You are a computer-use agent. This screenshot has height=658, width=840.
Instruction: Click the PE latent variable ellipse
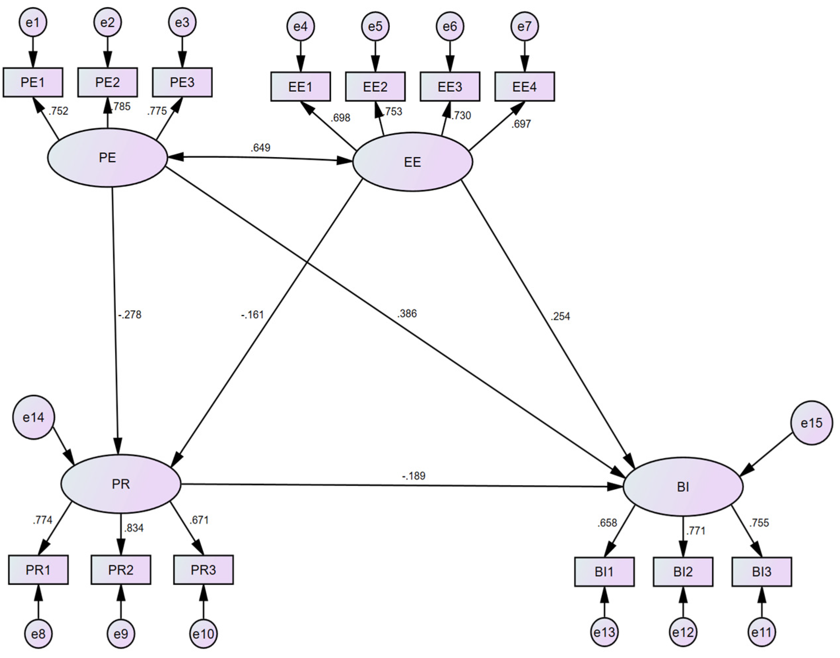[x=108, y=157]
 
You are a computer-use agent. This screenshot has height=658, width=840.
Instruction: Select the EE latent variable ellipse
[x=412, y=162]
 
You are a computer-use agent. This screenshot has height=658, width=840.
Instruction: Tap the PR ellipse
[x=120, y=484]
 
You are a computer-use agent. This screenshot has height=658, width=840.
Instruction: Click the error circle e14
[x=34, y=417]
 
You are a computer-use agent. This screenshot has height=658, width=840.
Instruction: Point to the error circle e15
[x=812, y=423]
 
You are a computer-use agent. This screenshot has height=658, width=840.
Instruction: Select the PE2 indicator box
[x=108, y=82]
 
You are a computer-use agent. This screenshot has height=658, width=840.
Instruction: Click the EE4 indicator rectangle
[x=524, y=87]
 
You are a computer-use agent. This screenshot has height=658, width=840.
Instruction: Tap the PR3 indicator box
[x=203, y=570]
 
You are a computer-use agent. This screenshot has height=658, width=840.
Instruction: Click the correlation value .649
[x=260, y=148]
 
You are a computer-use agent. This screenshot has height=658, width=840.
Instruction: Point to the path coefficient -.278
[x=130, y=315]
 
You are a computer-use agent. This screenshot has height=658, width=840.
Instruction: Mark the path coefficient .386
[x=407, y=313]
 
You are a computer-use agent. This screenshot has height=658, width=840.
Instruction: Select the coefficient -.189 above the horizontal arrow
[x=414, y=476]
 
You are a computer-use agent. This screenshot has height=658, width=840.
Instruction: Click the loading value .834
[x=134, y=528]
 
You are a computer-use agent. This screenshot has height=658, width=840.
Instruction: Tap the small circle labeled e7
[x=524, y=26]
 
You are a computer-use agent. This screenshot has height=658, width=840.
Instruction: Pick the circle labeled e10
[x=203, y=634]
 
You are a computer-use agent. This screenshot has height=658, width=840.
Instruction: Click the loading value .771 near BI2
[x=695, y=531]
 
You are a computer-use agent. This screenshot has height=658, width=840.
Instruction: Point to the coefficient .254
[x=560, y=316]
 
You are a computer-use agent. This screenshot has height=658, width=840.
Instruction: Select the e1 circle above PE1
[x=33, y=22]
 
